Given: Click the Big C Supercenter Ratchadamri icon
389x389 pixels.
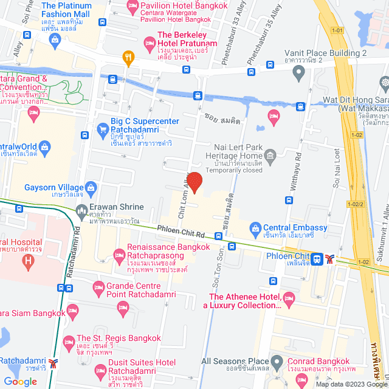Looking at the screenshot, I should click(102, 129).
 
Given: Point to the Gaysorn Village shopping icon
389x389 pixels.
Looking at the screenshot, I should click(92, 187).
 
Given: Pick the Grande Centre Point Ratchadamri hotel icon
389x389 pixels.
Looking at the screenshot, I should click(97, 286).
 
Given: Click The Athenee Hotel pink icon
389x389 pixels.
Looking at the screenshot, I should click(289, 297).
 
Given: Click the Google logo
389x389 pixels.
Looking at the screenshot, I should click(20, 382).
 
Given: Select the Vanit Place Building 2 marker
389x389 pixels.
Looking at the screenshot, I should click(298, 74).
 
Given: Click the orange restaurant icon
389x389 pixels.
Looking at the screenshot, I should click(128, 58).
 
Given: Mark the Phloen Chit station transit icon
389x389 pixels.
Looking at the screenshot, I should click(317, 259).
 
